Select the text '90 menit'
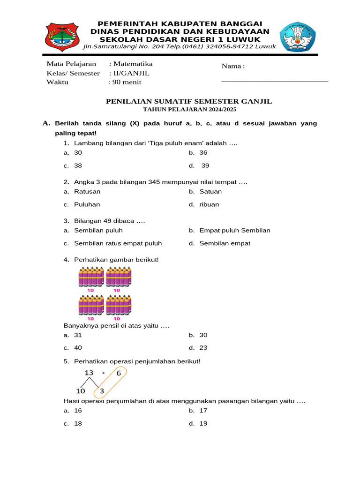click(126, 82)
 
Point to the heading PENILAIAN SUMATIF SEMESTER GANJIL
click(189, 101)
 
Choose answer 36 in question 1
click(203, 153)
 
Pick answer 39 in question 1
click(205, 165)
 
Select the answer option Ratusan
click(87, 191)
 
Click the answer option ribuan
click(209, 204)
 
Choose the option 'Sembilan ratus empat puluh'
click(118, 243)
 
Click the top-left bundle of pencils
click(90, 277)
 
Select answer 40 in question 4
click(78, 348)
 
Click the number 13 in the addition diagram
click(89, 373)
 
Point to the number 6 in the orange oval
click(119, 373)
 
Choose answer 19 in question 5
click(203, 423)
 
